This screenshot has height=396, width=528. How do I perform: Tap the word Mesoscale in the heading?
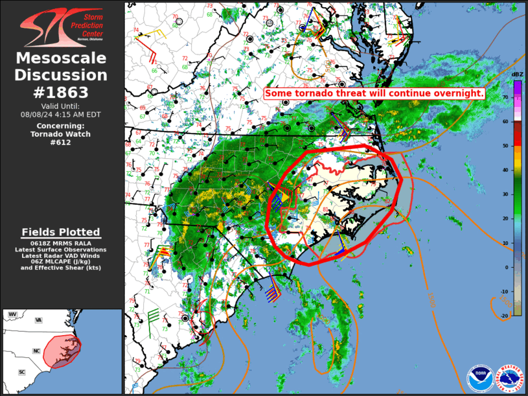point(62,58)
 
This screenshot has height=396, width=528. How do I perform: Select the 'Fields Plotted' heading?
point(61,232)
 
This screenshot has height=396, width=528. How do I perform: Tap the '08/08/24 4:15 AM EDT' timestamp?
point(62,114)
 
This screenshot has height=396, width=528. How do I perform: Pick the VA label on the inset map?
point(38,320)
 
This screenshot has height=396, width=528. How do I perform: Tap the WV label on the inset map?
point(12,314)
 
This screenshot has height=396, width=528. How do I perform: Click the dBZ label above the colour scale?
point(517,75)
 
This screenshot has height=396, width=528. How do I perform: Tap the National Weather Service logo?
point(509,378)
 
